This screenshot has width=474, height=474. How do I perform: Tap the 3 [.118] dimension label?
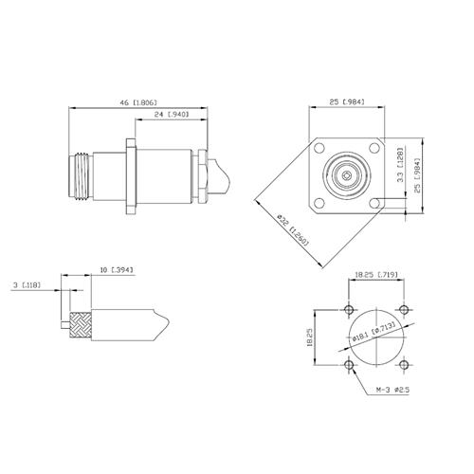[x=26, y=284]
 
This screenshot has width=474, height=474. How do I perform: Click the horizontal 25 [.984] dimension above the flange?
[x=349, y=100]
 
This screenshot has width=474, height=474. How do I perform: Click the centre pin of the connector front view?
[x=348, y=177]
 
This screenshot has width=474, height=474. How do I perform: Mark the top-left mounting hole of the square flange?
[x=320, y=150]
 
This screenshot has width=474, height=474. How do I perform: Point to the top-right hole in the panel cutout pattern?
[x=403, y=312]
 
